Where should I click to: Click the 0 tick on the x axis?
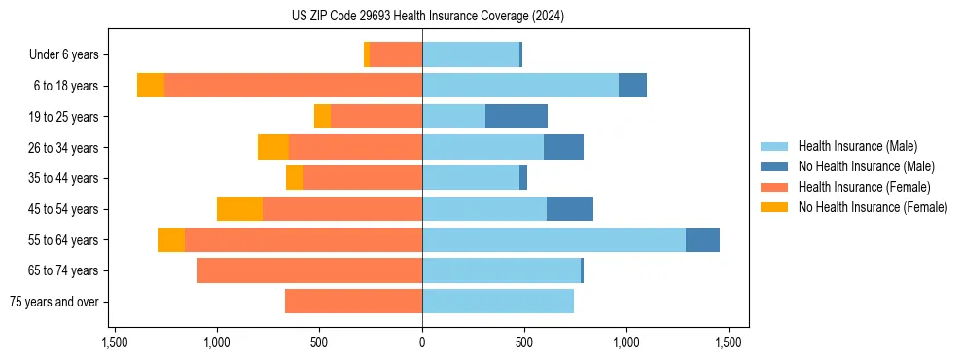(x=422, y=342)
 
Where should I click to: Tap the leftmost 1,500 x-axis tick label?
(x=115, y=342)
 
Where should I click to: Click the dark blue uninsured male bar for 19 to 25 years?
(x=517, y=117)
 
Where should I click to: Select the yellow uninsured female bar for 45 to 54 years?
(x=239, y=209)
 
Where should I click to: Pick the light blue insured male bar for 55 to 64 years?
(x=553, y=240)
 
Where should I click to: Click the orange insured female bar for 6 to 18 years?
(x=293, y=86)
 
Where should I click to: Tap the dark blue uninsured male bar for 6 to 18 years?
(x=632, y=86)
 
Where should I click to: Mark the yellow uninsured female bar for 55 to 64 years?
(x=171, y=240)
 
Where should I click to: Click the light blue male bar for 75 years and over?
(x=498, y=302)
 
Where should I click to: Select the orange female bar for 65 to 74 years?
(x=309, y=270)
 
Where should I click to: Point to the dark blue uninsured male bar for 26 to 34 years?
(x=563, y=148)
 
